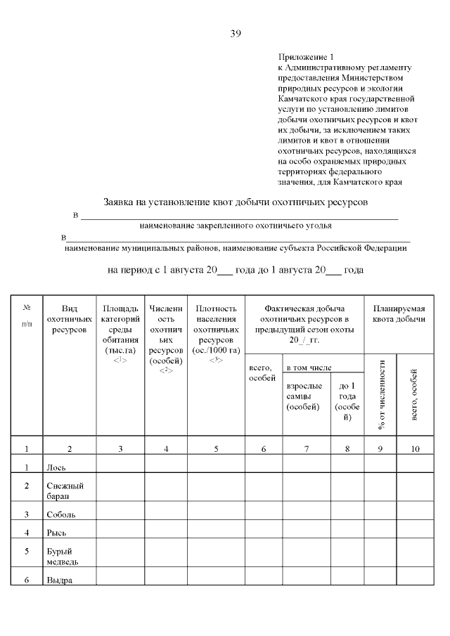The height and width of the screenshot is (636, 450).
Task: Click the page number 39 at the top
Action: pos(236,33)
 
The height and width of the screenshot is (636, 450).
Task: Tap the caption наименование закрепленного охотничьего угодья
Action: pos(236,226)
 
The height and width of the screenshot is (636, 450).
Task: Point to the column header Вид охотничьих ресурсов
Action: pos(69,319)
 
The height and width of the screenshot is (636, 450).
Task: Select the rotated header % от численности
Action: pos(380,394)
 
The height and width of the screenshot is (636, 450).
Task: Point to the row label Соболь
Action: pos(61,514)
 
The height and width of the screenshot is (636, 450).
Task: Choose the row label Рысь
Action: pos(57,533)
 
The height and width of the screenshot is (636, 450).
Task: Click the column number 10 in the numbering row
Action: pos(415,448)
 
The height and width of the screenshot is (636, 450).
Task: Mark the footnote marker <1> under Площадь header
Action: pos(120,360)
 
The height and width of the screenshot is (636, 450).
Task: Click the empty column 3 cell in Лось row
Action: pos(120,465)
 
